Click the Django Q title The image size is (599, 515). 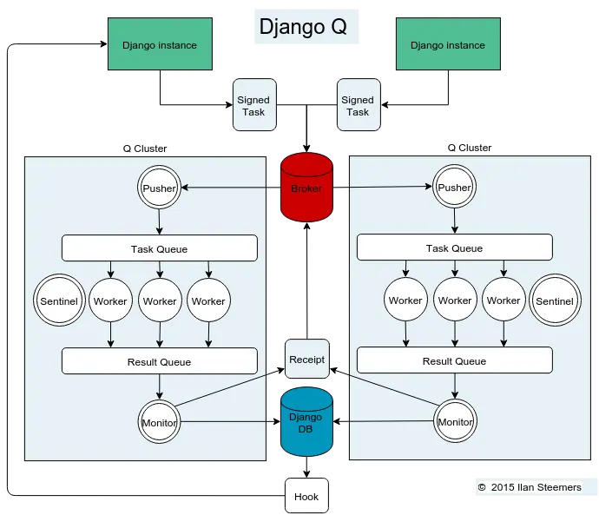coord(303,27)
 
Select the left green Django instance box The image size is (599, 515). coord(159,45)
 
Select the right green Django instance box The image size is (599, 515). coord(447,45)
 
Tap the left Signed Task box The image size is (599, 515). coord(253,106)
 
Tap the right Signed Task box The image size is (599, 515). coord(358,106)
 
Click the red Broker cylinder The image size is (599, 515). coord(306,188)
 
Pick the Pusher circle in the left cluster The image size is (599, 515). coord(159,188)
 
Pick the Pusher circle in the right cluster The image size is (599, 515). coord(454,188)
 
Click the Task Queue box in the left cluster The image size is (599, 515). coord(159,248)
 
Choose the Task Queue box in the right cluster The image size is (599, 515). coord(454,248)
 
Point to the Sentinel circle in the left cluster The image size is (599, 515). coord(59,301)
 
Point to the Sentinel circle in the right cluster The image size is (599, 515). coord(554,301)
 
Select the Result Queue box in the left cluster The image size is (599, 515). coord(159,361)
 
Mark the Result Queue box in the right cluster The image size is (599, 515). coord(454,361)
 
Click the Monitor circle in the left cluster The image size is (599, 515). coord(159,423)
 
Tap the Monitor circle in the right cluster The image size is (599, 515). coord(455,422)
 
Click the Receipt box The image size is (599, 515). coord(306,360)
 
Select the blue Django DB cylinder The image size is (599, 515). coord(306,423)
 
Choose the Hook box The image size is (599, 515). coord(306,497)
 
